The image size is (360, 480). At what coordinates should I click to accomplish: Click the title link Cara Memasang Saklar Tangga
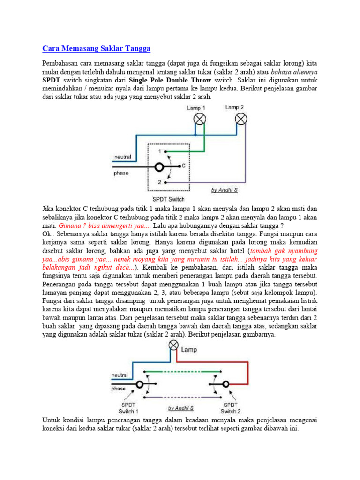97,48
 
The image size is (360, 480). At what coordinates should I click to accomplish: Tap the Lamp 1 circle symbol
200,118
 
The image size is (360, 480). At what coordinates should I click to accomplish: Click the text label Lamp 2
234,107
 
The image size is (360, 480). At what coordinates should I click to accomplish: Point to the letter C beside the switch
183,165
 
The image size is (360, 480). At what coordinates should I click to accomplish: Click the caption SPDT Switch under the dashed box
168,199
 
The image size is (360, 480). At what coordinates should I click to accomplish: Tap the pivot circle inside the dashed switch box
159,167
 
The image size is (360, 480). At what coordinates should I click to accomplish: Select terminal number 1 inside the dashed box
159,151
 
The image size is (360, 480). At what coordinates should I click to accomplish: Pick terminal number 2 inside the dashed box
159,182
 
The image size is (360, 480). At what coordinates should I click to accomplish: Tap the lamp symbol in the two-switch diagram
173,347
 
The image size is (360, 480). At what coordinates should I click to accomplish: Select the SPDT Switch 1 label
128,408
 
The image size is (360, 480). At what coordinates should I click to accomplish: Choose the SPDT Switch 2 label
230,408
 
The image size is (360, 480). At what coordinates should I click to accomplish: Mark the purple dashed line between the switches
178,397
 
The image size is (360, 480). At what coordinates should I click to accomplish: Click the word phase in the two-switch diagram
118,389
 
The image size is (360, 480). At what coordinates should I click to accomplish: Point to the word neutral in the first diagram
123,157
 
